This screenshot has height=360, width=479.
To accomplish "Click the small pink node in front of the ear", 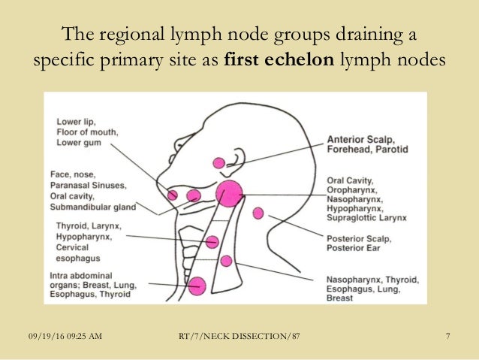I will tap(219, 162).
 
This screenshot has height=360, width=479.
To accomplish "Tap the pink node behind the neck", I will tap(258, 213).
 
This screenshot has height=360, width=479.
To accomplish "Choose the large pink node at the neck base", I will tap(197, 285).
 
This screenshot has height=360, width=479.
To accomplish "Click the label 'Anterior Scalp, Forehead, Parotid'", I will tap(367, 144).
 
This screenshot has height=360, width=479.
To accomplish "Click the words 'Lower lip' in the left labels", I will tap(74, 121).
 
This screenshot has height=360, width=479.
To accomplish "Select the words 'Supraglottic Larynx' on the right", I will tap(366, 218).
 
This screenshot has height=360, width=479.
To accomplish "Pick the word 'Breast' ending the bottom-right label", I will tap(339, 298).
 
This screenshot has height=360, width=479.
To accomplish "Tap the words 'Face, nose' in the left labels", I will tap(71, 174).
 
